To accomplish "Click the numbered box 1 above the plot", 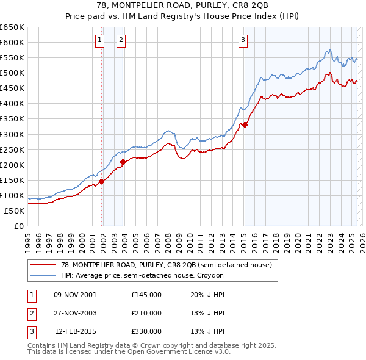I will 99,41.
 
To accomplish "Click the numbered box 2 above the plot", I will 121,41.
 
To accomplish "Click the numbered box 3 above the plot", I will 243,41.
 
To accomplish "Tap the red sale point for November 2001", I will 102,181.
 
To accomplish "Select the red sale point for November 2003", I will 123,162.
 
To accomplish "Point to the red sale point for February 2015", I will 244,124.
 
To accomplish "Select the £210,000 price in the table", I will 146,314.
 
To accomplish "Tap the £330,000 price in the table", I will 146,332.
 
